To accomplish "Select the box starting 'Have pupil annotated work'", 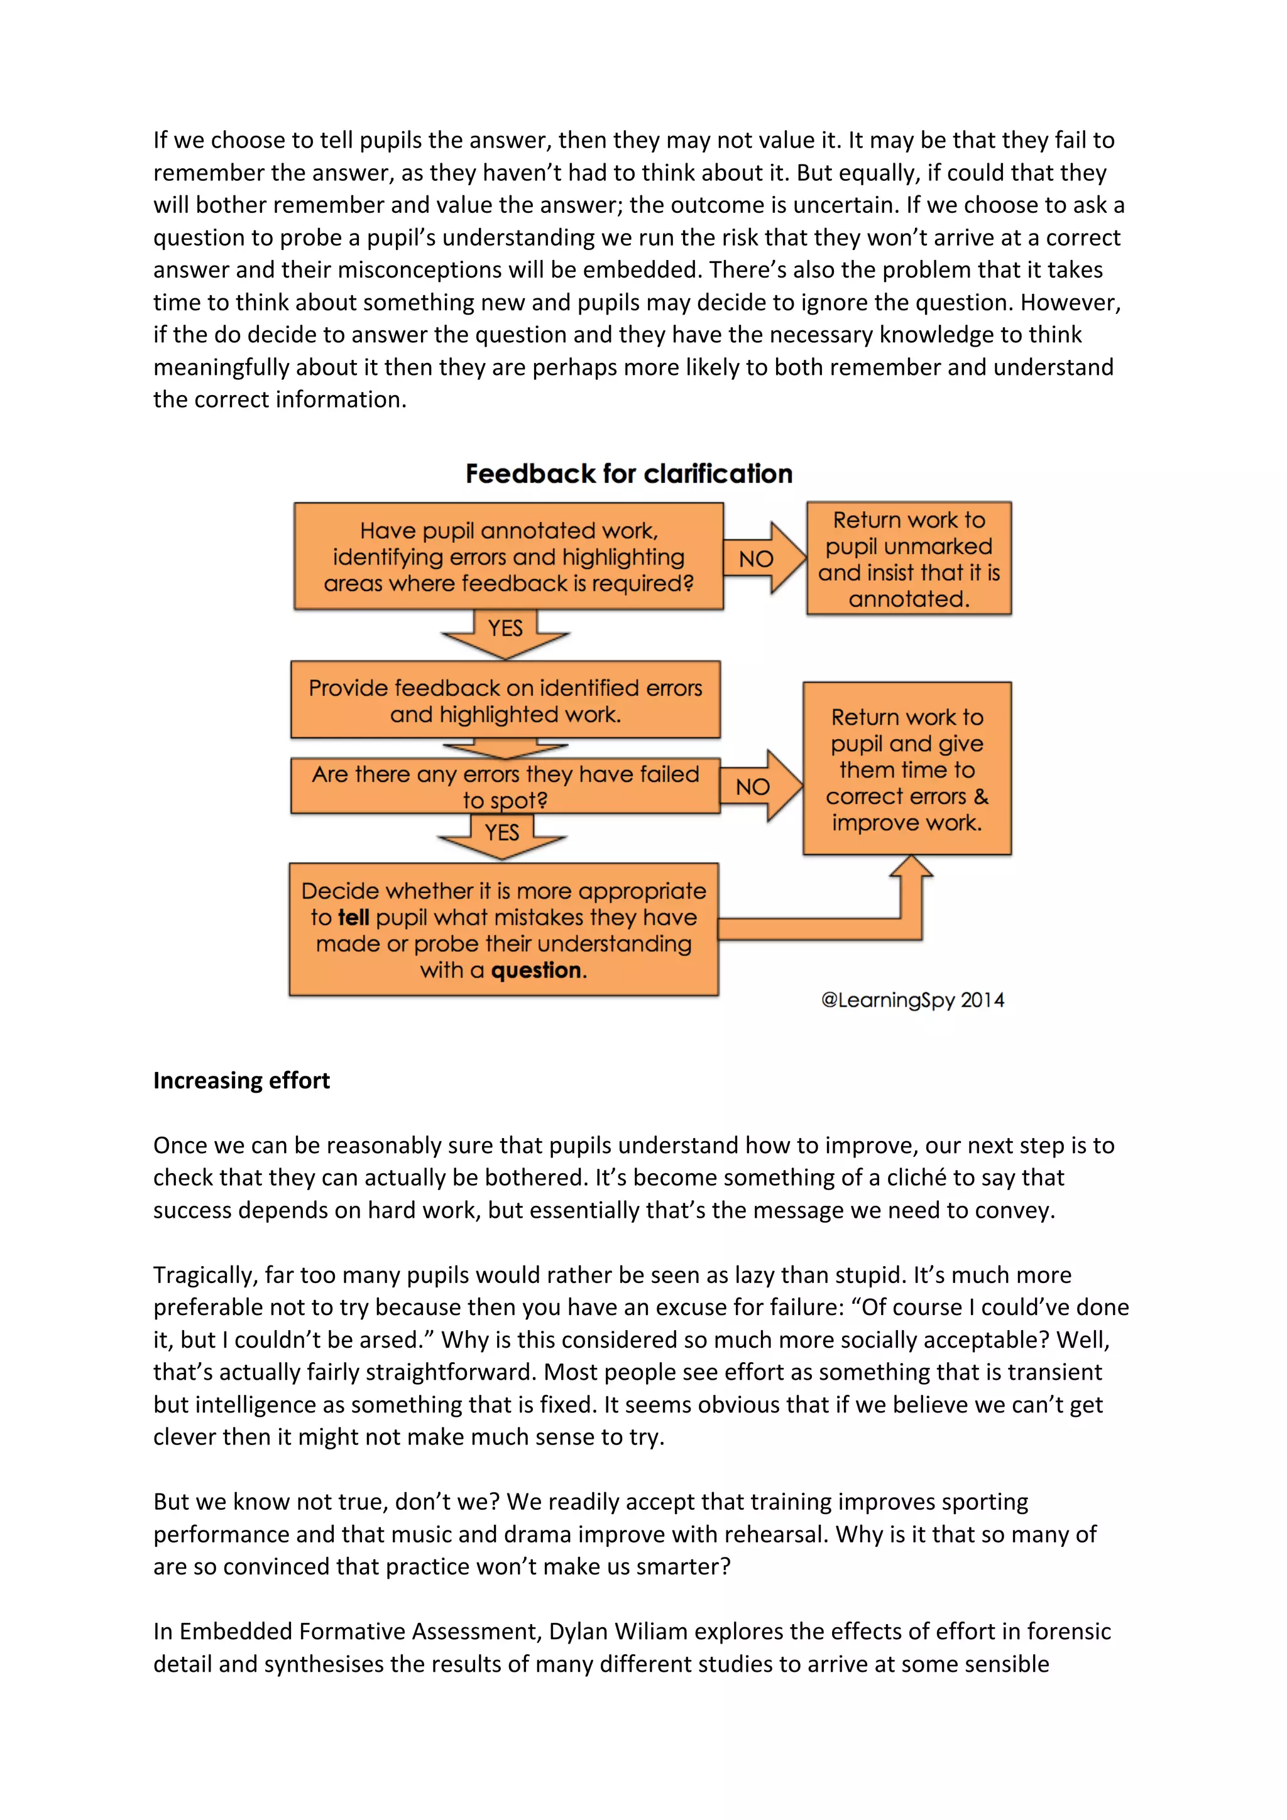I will coord(508,556).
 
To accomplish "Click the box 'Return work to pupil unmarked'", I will coord(909,558).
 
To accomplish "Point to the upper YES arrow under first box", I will coord(505,632).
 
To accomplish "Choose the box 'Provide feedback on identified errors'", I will coord(505,700).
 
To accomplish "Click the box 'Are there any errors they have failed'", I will coord(505,786).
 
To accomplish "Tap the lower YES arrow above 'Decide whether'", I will coord(502,837).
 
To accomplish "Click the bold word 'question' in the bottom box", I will coord(536,970).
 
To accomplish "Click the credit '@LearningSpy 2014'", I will coord(912,1000).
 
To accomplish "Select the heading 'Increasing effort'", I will coord(241,1080).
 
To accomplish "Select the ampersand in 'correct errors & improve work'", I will coord(980,796).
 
